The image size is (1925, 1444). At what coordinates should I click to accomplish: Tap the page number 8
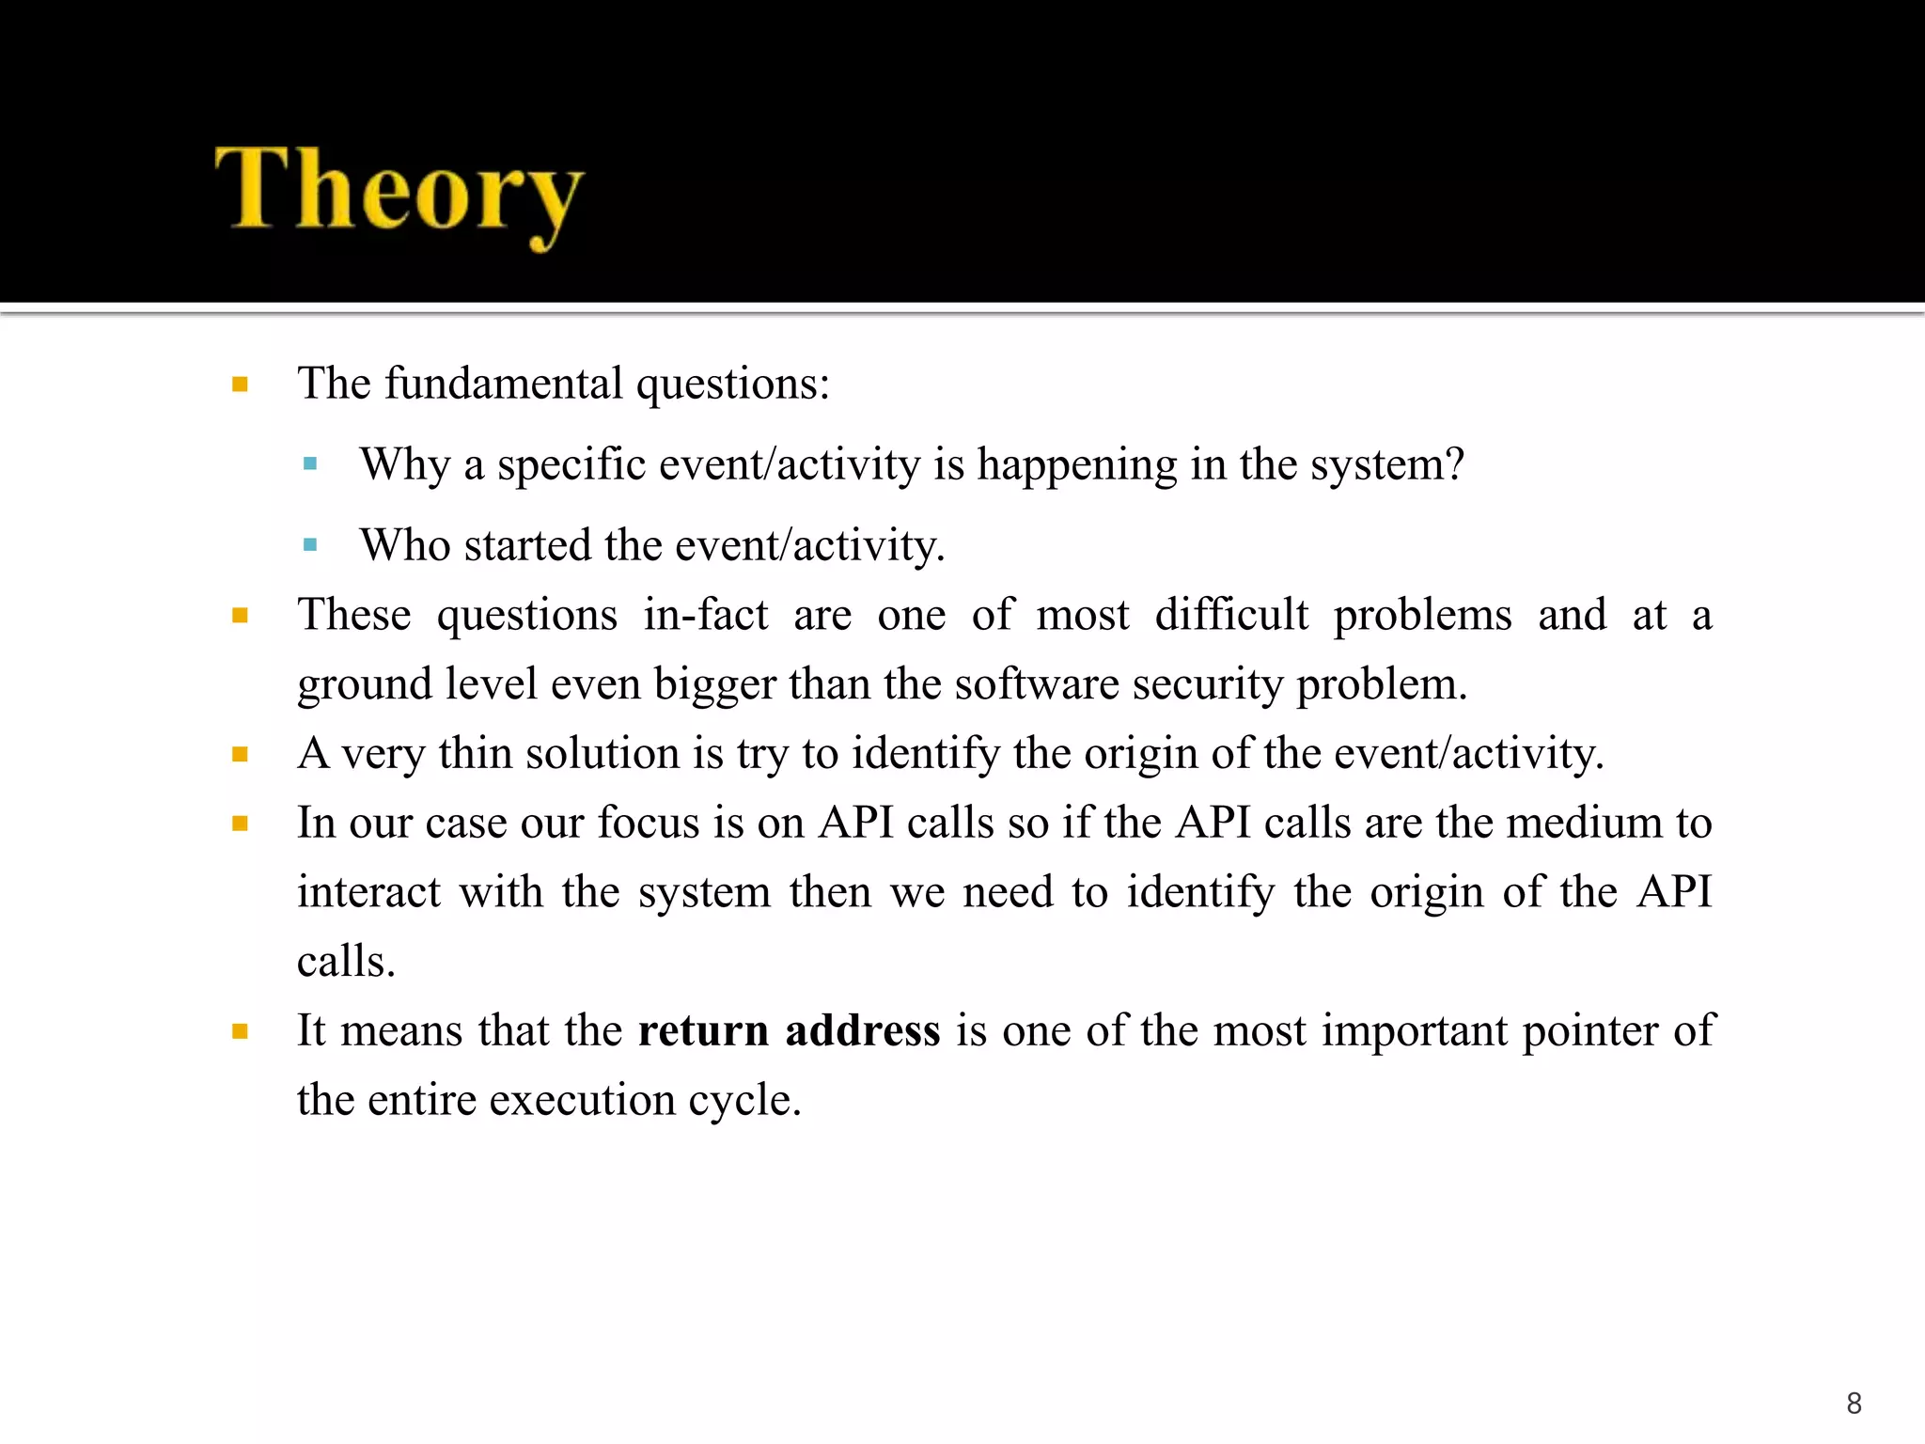1854,1404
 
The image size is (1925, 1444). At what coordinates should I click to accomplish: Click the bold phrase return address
789,1030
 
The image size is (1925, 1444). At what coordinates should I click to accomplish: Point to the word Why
405,464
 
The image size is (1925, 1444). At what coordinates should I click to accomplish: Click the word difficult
1231,615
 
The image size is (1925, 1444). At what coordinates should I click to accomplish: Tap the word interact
368,892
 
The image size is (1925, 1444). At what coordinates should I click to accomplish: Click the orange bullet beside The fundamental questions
240,385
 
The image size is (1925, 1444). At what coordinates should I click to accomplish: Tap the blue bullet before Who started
310,545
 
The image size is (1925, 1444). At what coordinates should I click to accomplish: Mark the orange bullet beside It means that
240,1031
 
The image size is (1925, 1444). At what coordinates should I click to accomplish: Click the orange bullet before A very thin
240,754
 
